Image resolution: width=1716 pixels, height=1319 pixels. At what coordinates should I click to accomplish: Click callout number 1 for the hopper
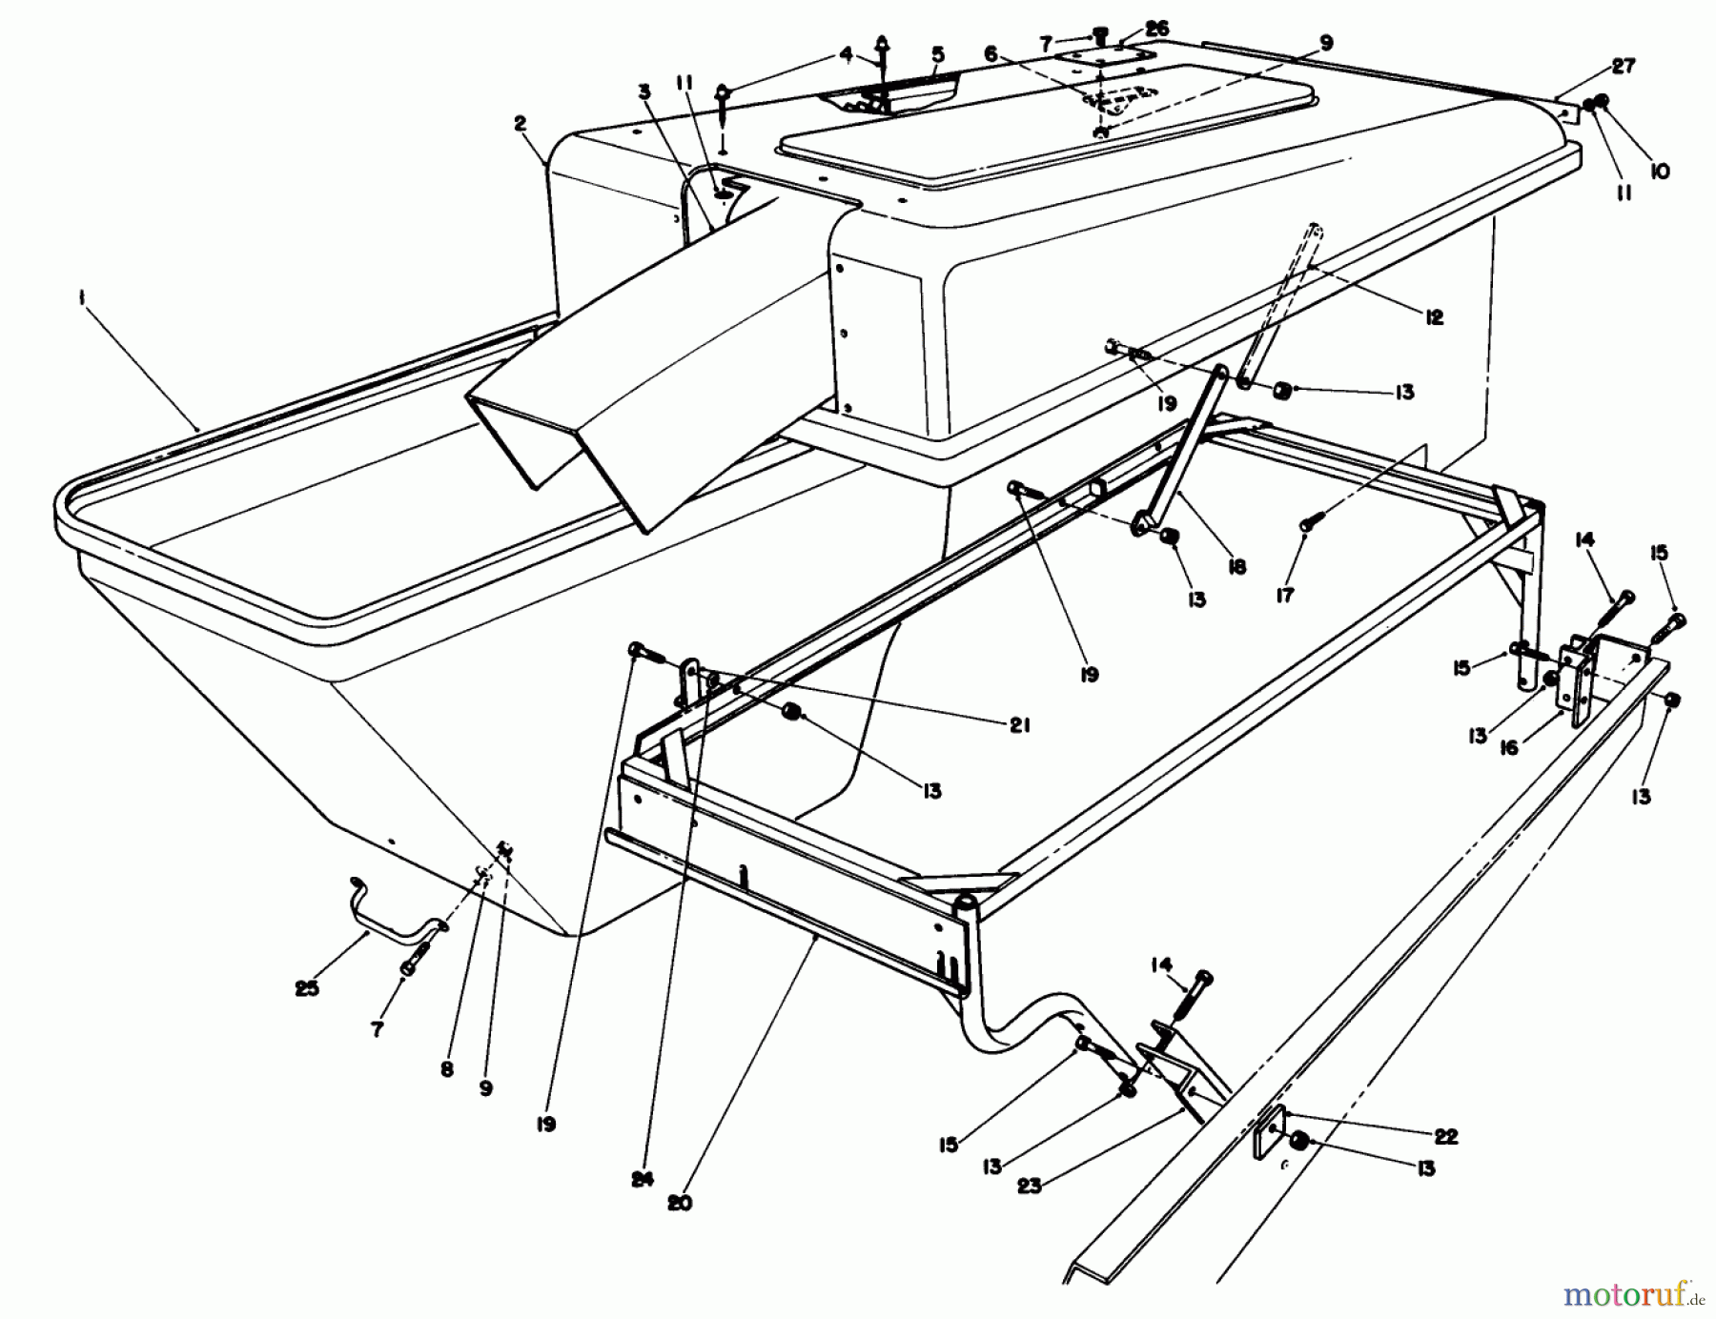point(83,298)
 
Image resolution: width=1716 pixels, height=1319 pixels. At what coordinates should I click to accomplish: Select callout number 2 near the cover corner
point(520,123)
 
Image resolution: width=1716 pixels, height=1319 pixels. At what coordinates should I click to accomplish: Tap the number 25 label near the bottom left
point(307,988)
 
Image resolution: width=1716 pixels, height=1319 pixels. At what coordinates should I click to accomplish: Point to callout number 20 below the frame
point(679,1203)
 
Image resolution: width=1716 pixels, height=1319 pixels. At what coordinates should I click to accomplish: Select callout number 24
point(643,1180)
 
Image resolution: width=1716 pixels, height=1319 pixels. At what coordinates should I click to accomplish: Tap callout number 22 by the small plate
point(1446,1137)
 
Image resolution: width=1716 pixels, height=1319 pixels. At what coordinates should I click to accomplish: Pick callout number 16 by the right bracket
point(1507,748)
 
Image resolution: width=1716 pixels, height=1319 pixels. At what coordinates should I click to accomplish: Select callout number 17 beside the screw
point(1284,595)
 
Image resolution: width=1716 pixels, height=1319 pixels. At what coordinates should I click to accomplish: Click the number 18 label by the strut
point(1236,567)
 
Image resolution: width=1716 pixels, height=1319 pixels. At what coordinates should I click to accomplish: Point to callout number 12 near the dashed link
point(1434,317)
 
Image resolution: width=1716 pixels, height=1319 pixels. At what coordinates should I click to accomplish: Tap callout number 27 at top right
point(1624,66)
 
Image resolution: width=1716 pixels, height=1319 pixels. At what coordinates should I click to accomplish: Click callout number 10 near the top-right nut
point(1660,172)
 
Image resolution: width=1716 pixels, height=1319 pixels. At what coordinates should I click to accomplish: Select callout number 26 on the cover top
point(1156,30)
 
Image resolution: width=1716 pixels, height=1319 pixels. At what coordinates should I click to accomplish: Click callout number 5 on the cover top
point(937,54)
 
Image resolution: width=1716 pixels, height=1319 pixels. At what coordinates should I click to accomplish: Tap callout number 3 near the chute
point(645,92)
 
